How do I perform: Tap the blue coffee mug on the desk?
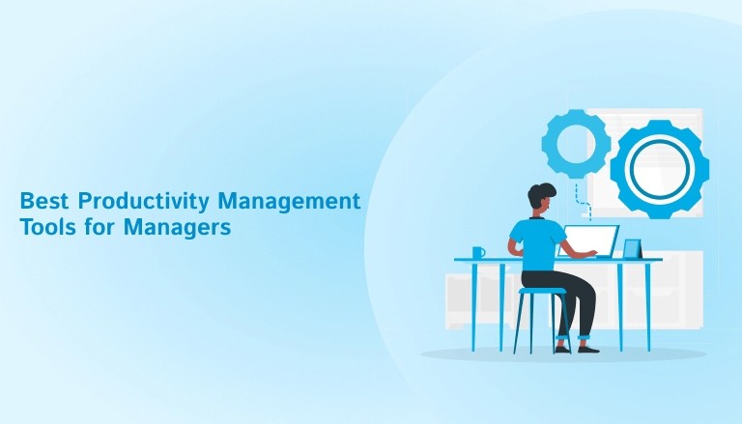478,252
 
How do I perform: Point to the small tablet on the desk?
631,248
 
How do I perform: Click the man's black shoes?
586,347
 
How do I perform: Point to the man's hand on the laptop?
590,253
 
